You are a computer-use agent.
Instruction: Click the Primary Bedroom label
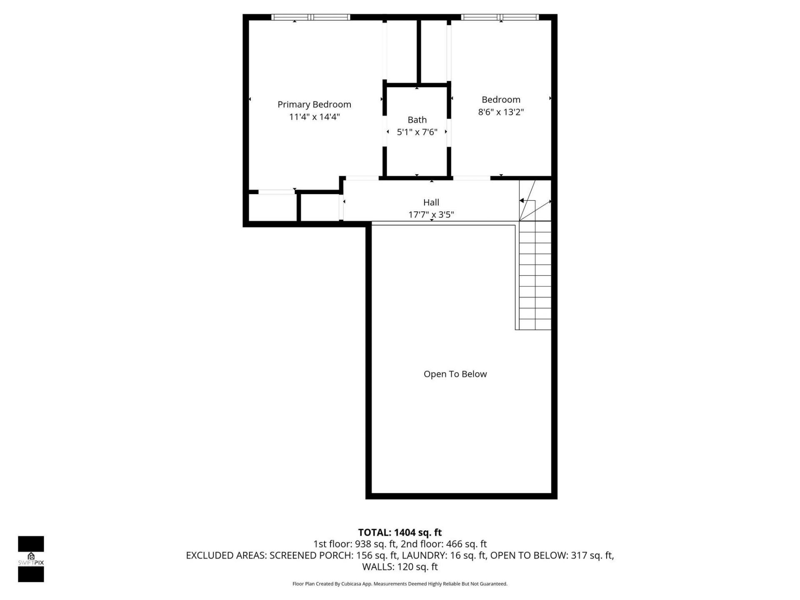314,104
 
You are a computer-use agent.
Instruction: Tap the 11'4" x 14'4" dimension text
314,117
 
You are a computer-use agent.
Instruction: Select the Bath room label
417,120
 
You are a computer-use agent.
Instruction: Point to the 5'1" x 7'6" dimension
417,132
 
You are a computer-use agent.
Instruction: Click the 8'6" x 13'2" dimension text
500,112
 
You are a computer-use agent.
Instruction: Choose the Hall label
431,202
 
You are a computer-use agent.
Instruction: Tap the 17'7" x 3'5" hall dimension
431,215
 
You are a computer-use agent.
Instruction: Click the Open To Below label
455,374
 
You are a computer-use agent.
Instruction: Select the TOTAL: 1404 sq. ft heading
400,532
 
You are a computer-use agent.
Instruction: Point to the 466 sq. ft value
466,544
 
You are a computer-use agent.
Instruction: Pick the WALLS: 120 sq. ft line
400,567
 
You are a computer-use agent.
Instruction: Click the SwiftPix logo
31,559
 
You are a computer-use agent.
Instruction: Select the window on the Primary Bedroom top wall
310,17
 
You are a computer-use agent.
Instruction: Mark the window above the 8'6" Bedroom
500,17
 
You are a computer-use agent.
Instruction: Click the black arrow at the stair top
522,201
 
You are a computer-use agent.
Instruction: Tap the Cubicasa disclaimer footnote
400,584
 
